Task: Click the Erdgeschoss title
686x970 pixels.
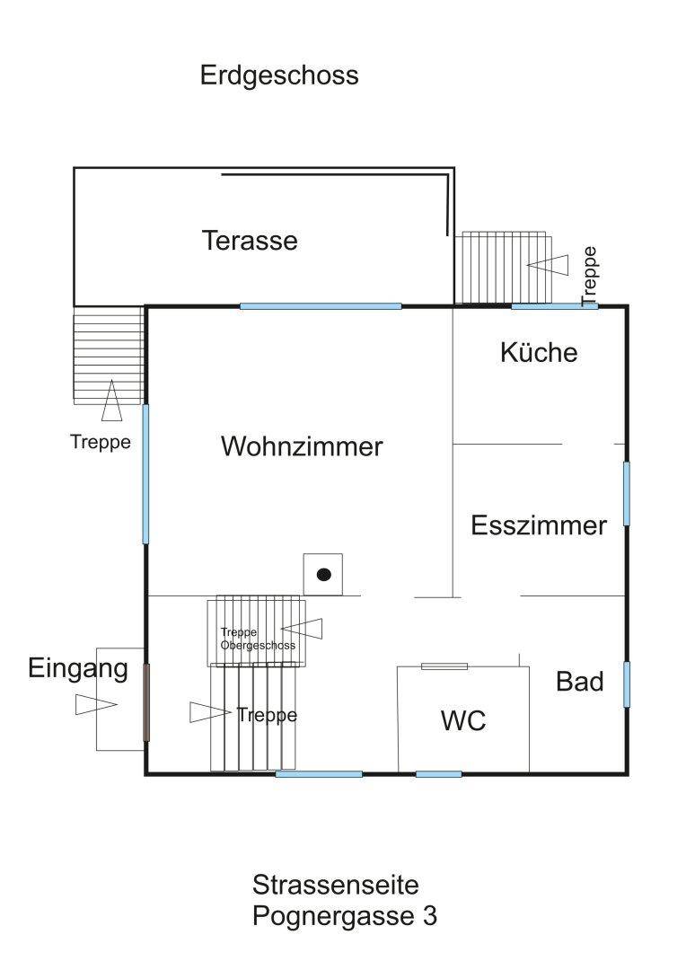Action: point(279,75)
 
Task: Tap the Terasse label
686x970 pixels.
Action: point(250,241)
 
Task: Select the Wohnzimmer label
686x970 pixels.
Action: point(302,446)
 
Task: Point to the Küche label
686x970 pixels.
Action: point(539,352)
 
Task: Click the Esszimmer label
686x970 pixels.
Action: point(539,525)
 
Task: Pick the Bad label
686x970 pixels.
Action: point(579,682)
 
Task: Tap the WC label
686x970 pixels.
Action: point(463,720)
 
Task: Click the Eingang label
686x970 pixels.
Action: point(78,668)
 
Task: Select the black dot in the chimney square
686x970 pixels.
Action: point(324,574)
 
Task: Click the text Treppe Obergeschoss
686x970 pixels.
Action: point(258,639)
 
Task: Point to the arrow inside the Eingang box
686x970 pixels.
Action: point(96,705)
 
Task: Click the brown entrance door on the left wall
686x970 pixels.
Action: point(146,702)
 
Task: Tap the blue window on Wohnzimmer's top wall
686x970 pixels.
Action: point(321,306)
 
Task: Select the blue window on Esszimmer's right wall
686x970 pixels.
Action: point(626,493)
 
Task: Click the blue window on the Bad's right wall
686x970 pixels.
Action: point(626,683)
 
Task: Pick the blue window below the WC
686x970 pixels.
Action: point(438,773)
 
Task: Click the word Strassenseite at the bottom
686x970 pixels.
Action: point(336,885)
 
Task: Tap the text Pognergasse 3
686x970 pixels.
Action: point(345,917)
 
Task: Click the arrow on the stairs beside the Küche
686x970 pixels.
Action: point(548,265)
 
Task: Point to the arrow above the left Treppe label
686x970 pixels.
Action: point(111,401)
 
